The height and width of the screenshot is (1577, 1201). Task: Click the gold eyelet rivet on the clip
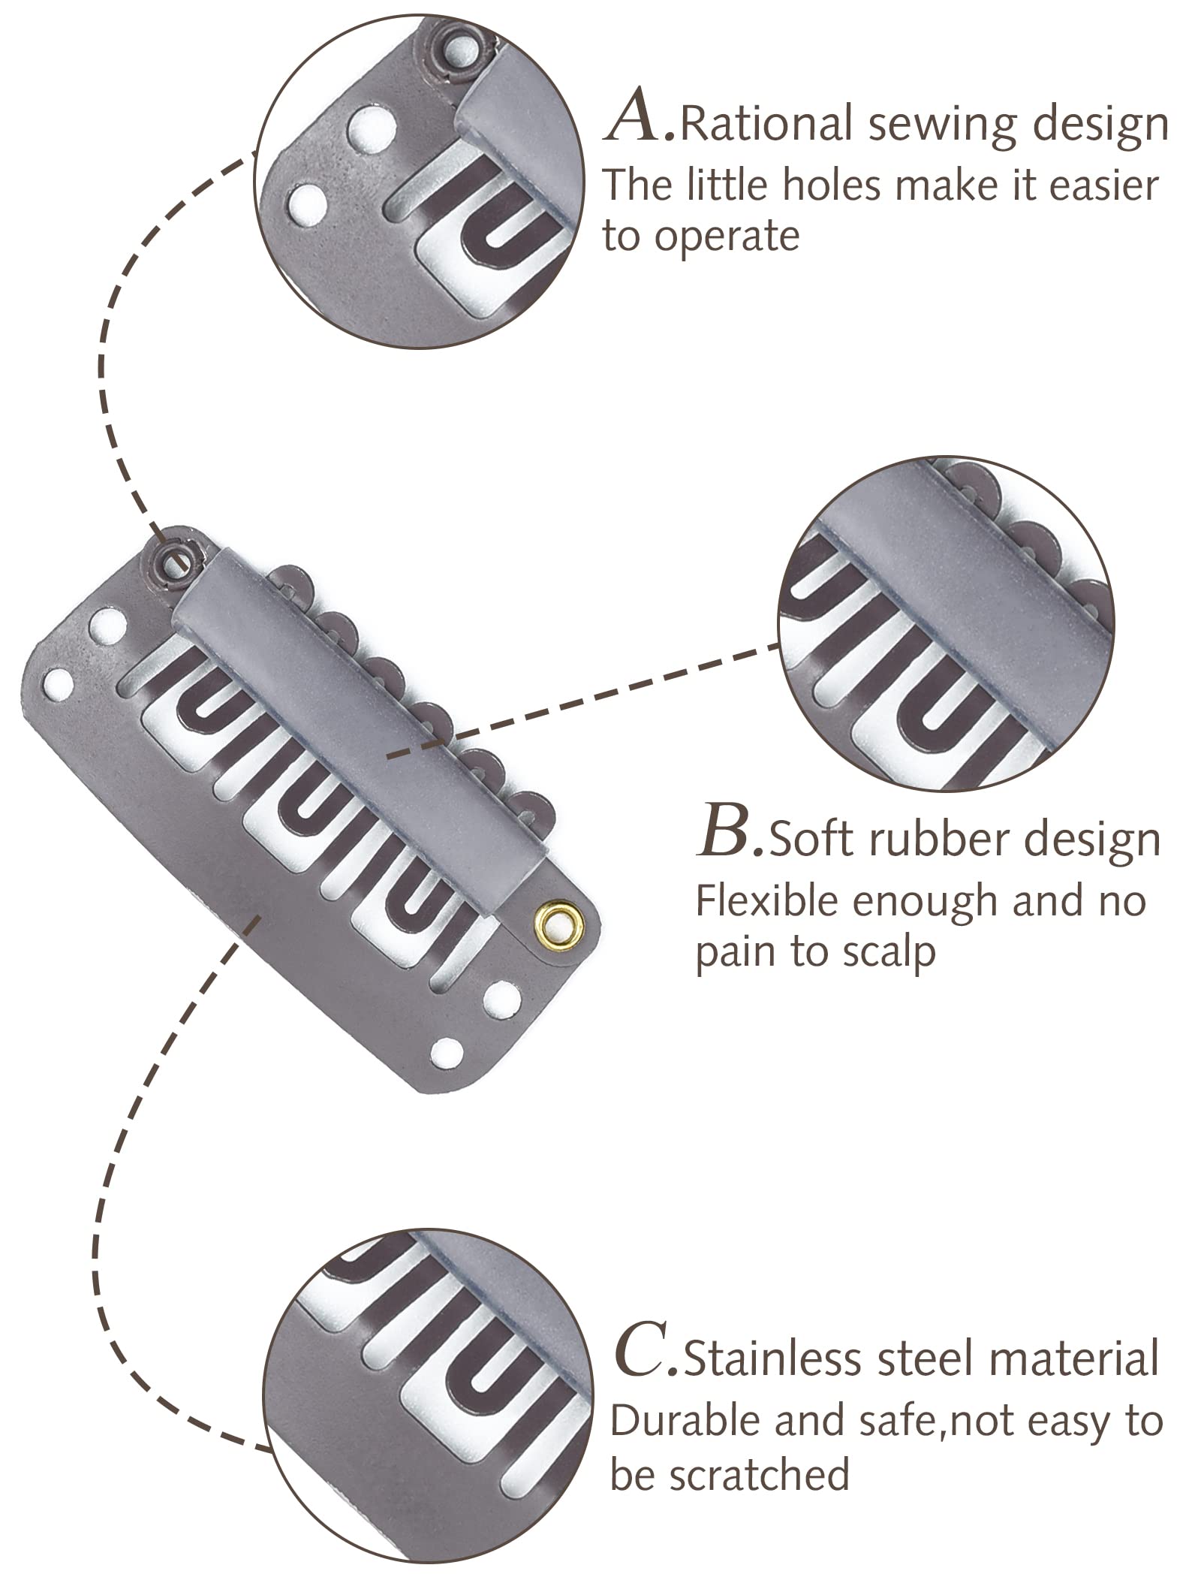pyautogui.click(x=552, y=920)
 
